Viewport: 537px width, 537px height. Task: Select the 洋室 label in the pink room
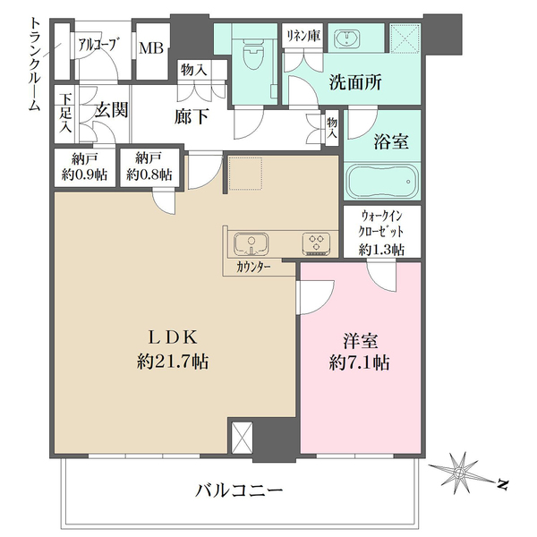[x=358, y=339]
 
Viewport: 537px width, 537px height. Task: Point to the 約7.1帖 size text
[x=358, y=363]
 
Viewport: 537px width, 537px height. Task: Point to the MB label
[x=150, y=46]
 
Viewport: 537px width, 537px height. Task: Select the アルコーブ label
[x=96, y=43]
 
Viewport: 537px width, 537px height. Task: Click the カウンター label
[x=256, y=267]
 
